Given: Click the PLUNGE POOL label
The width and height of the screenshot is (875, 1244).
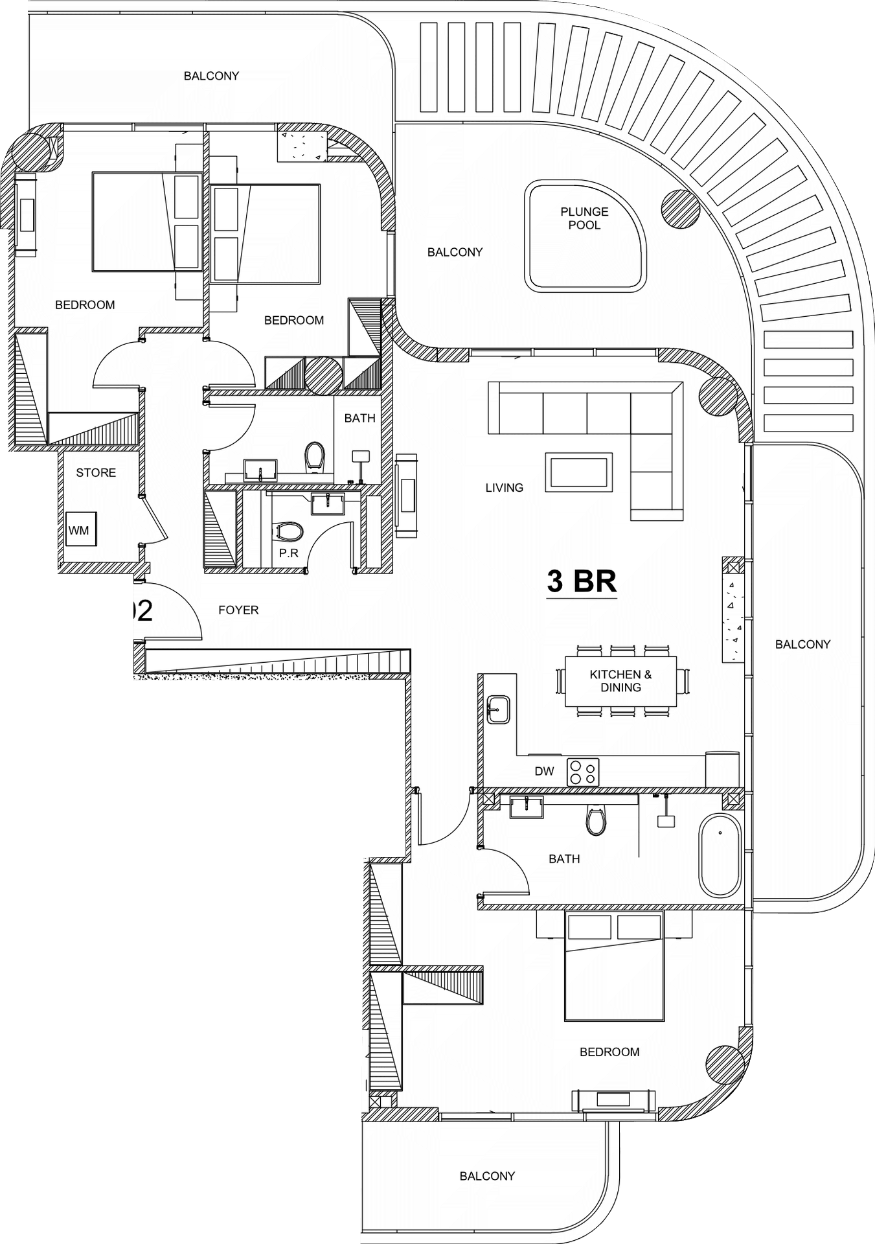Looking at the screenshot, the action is [x=584, y=218].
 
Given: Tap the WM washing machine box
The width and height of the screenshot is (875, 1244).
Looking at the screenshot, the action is [x=82, y=529].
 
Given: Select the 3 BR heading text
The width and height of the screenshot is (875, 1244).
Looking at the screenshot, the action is [x=582, y=581].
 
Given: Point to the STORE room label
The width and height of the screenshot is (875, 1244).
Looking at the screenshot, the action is [x=96, y=473].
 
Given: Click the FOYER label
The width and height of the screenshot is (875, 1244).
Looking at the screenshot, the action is [x=238, y=610].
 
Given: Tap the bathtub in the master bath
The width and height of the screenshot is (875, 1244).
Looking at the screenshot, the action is [x=720, y=855].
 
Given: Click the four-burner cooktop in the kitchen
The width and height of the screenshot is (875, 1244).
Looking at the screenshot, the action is [x=583, y=772].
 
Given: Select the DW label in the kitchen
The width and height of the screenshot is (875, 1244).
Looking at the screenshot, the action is [x=545, y=771].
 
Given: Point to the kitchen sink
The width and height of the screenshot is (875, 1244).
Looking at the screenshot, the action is [x=498, y=709].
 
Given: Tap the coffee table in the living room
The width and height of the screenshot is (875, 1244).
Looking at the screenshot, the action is [x=579, y=472].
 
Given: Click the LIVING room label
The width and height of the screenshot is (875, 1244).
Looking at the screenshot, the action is [x=505, y=488].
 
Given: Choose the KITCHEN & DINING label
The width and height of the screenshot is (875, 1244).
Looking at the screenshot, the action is [x=620, y=681].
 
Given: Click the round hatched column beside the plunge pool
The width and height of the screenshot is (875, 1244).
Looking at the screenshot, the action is [x=681, y=209].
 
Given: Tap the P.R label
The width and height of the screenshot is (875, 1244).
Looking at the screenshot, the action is [x=289, y=553].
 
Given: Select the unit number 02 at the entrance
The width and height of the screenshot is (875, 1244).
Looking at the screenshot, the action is [x=142, y=611].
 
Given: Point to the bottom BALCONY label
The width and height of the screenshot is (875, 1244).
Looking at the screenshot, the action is [x=487, y=1176].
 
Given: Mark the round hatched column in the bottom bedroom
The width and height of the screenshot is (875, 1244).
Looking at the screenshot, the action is [x=725, y=1065].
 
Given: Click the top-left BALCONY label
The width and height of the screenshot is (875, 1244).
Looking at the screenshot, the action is [x=211, y=76].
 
